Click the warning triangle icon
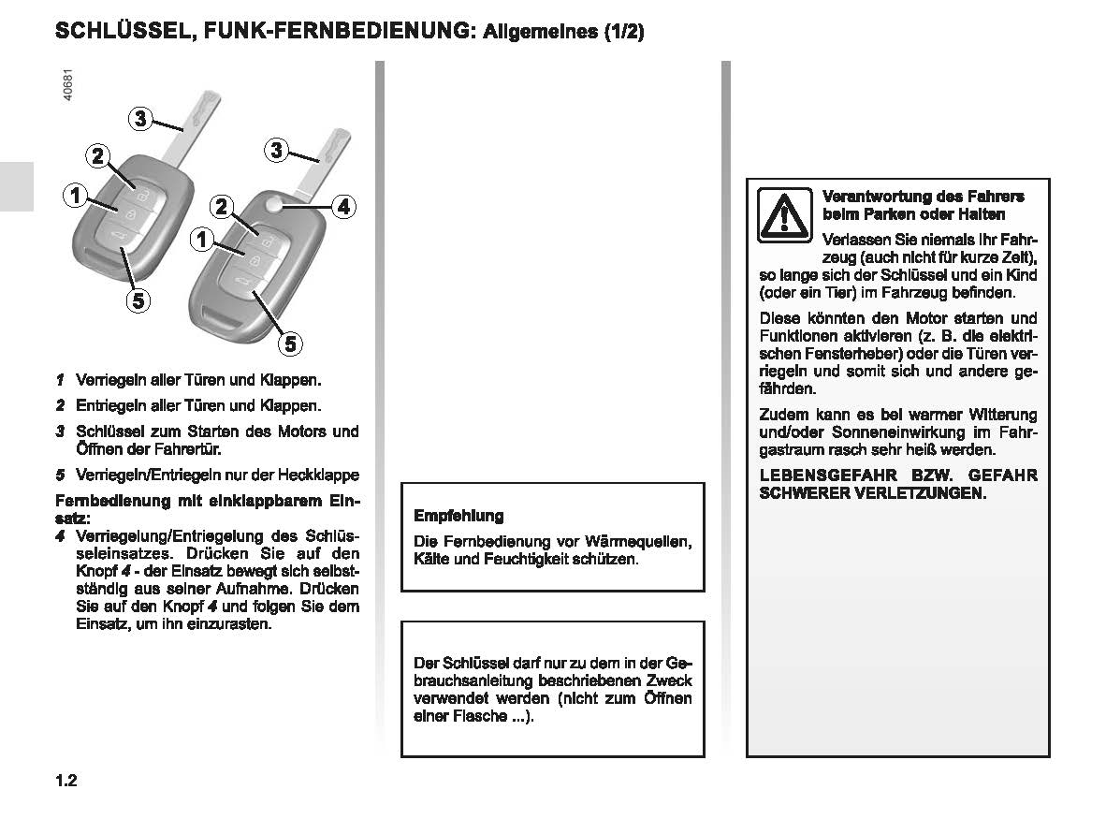coord(785,215)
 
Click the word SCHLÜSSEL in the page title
coord(119,30)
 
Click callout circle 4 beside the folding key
coord(343,206)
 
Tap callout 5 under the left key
coord(137,300)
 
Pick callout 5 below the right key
coord(289,344)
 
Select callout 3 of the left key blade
coord(139,118)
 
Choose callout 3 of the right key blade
coord(276,149)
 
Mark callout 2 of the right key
coord(221,206)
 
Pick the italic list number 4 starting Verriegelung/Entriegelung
coord(60,536)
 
